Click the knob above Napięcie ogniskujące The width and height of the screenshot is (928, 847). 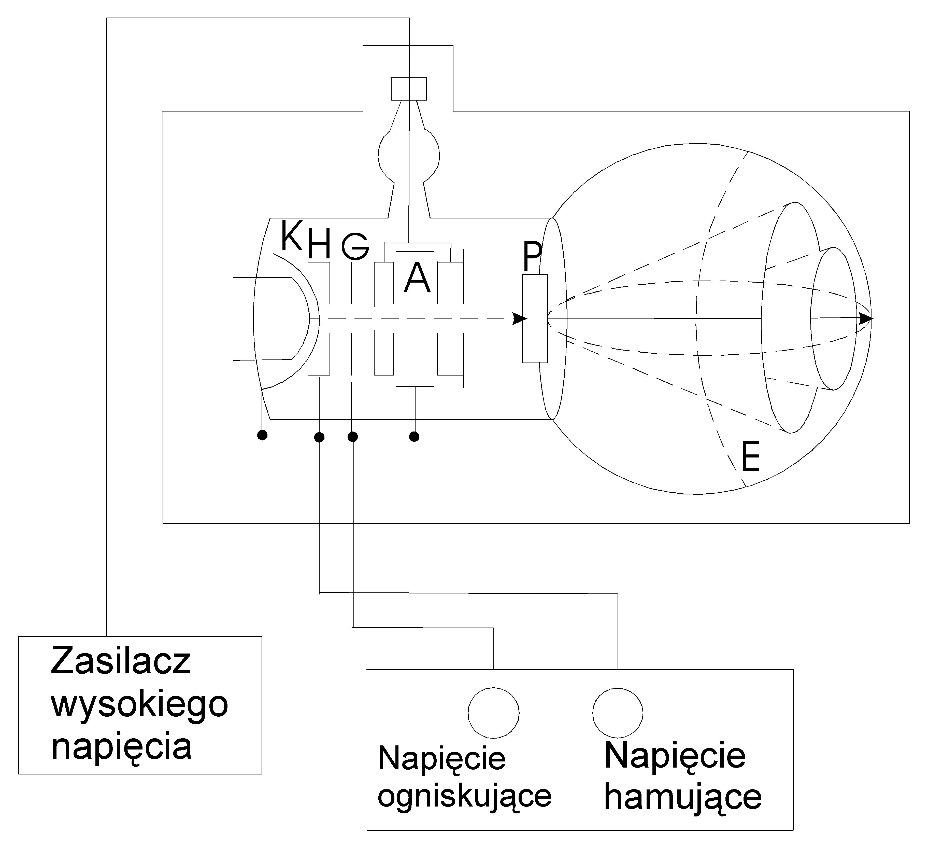coord(493,713)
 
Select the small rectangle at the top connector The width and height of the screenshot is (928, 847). coord(409,89)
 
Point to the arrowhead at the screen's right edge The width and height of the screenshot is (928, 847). coord(865,319)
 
